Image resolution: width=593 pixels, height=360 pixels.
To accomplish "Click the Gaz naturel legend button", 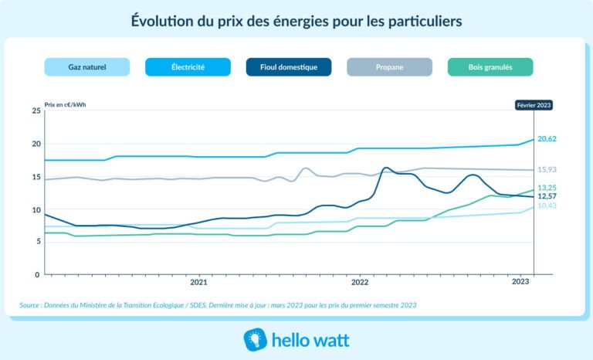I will point(86,67).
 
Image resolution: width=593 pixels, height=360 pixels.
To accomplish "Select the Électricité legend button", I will point(188,67).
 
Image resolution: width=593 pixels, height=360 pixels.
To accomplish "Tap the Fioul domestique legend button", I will point(289,67).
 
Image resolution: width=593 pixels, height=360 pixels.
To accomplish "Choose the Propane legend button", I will point(390,67).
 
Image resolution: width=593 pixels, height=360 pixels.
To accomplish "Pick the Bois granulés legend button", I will point(490,67).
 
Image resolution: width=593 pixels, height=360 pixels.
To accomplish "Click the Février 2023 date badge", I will point(534,106).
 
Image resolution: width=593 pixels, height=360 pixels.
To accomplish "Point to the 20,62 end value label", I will point(547,139).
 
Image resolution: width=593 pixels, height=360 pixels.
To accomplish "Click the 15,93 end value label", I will point(547,170).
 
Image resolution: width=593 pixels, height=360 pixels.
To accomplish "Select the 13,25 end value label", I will point(547,188).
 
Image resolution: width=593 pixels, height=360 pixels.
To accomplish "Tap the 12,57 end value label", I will point(547,197).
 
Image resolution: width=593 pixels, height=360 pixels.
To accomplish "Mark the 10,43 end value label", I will point(547,206).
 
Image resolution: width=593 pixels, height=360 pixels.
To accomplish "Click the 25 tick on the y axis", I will point(36,111).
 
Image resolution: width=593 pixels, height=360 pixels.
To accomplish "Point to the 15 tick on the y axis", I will point(36,177).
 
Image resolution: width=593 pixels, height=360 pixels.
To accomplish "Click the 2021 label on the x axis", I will point(198,284).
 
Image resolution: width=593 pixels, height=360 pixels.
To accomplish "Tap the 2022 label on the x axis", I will point(359,284).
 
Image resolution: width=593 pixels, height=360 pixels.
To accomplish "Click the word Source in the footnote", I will point(31,305).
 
